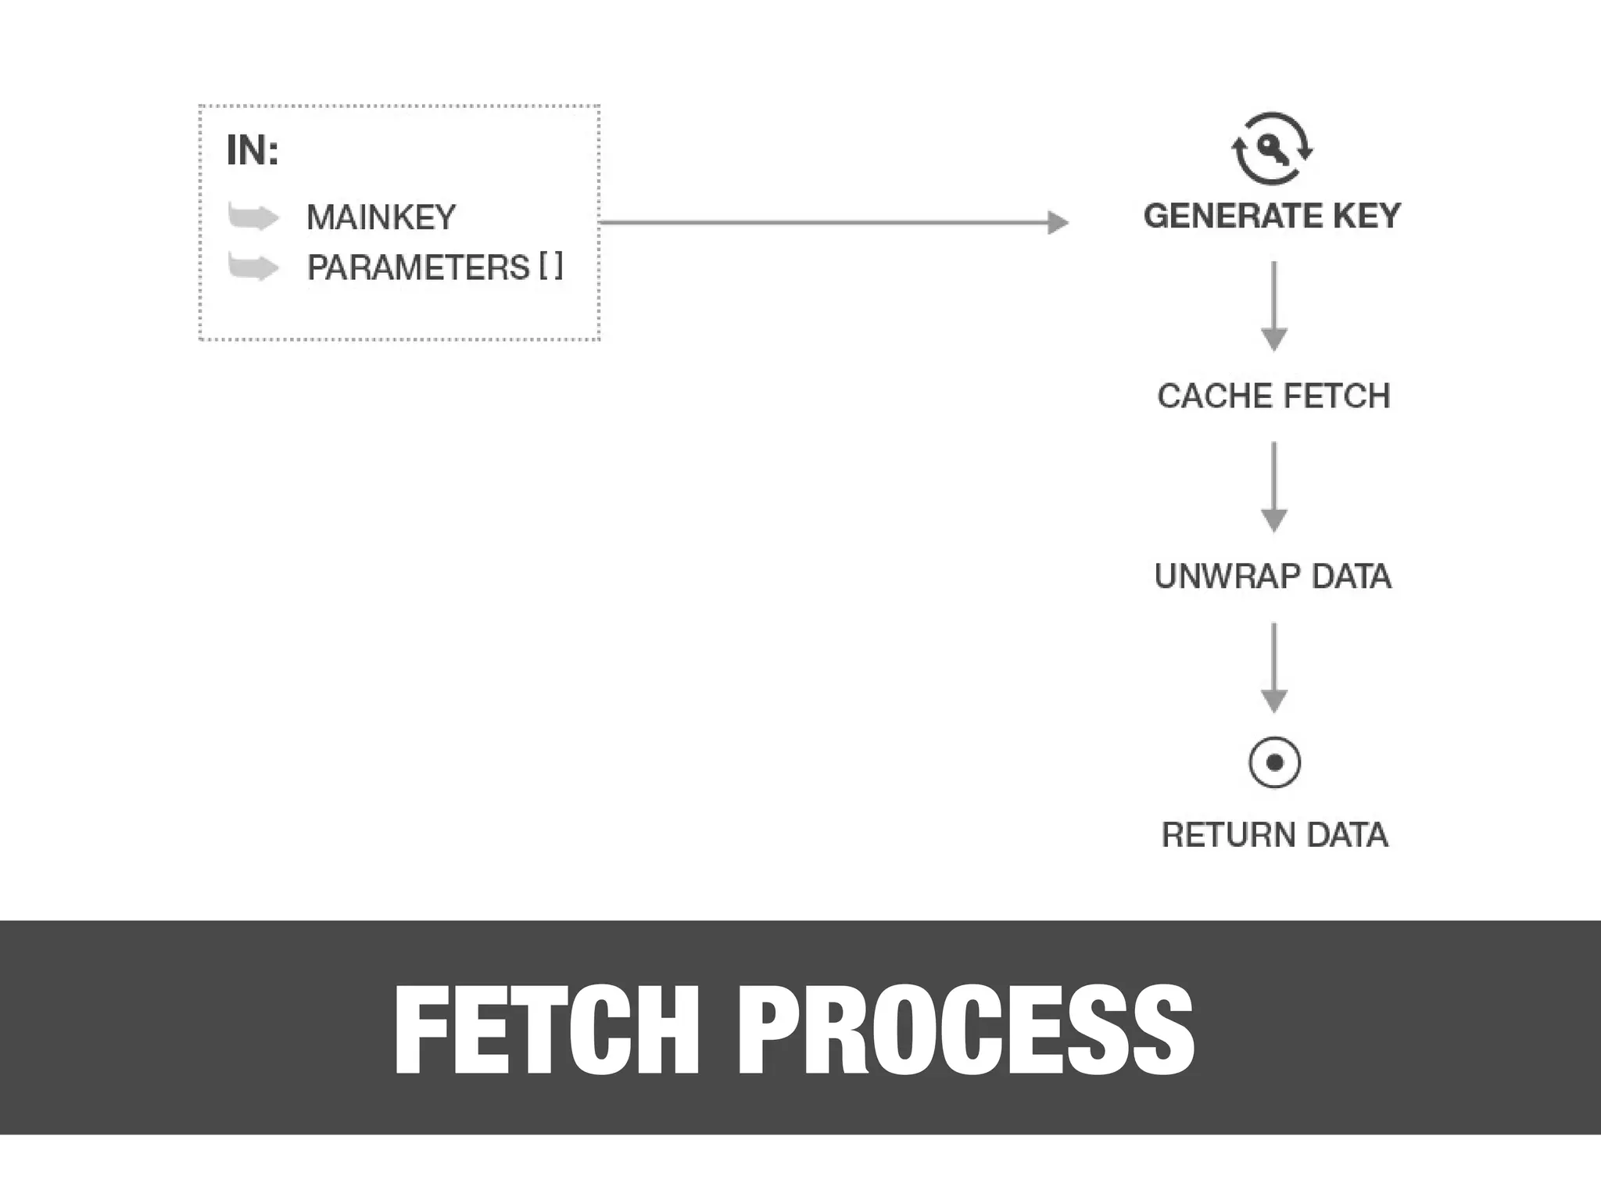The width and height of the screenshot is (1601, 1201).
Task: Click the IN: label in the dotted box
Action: pos(252,150)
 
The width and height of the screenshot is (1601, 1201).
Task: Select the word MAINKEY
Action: pos(381,217)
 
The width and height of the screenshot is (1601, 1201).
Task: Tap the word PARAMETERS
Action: pos(418,268)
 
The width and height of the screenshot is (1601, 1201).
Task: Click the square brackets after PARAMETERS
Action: pos(550,267)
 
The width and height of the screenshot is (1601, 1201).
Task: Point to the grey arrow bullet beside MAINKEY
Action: pos(253,217)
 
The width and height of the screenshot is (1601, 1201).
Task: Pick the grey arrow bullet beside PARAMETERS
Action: pos(253,267)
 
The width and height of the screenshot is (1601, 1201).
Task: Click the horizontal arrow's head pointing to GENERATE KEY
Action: pos(1057,223)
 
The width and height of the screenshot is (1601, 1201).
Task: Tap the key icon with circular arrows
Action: pos(1273,149)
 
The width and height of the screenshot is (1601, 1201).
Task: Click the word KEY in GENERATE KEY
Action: pos(1366,216)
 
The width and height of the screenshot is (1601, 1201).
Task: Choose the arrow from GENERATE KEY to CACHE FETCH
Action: pos(1274,307)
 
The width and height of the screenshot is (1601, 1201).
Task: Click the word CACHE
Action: pos(1215,396)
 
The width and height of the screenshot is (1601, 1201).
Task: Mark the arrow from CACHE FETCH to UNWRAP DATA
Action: pos(1274,487)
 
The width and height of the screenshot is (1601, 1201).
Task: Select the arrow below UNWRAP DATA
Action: pos(1274,668)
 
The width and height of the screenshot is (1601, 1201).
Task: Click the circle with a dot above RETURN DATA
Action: pos(1274,762)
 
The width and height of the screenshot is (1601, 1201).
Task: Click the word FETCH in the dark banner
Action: pos(546,1031)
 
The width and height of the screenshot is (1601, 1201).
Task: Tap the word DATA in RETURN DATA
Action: pos(1347,835)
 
